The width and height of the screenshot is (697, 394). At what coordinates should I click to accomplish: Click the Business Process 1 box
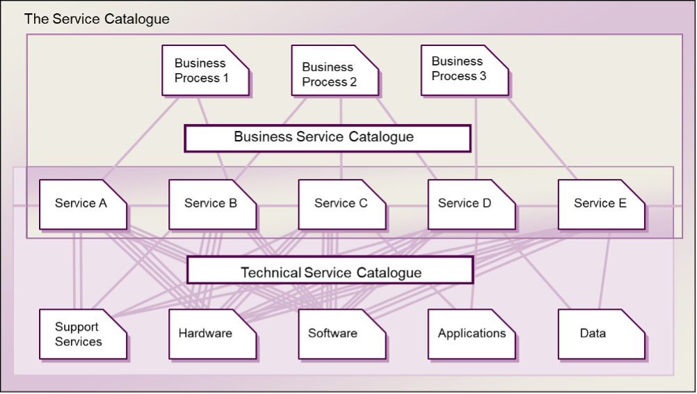point(205,70)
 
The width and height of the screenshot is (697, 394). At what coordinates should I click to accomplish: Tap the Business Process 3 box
point(464,70)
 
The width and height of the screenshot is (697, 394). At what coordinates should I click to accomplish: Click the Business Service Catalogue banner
point(327,138)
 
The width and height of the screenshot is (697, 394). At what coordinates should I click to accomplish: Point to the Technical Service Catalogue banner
point(330,270)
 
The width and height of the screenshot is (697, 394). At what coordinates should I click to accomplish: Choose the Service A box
point(83,204)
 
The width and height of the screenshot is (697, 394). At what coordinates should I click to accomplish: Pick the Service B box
point(212,204)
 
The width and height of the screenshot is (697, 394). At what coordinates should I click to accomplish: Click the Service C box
point(342,204)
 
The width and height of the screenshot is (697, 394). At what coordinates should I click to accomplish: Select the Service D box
point(471,204)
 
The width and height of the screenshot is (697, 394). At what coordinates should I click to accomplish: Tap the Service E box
point(601,204)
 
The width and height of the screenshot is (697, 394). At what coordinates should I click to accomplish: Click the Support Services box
point(83,334)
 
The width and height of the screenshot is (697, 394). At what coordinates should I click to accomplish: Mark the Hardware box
point(212,334)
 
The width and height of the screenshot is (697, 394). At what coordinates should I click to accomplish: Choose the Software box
point(342,334)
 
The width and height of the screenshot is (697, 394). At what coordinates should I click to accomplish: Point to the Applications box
point(471,334)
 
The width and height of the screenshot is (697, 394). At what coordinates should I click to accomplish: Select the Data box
point(601,334)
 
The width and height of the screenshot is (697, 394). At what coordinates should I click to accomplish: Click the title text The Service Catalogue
point(97,19)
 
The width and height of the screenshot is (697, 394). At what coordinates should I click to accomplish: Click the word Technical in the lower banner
point(271,273)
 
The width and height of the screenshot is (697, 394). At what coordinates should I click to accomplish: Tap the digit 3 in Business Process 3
point(483,76)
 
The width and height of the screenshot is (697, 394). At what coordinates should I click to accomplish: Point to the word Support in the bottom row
point(77,326)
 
